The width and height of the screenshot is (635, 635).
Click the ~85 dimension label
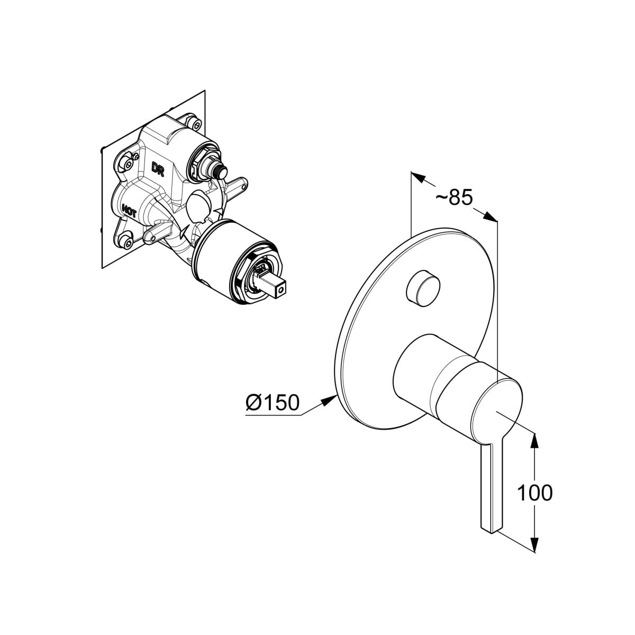pos(455,197)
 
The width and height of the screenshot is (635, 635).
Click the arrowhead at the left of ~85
pos(418,177)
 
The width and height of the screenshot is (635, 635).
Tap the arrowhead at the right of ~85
pos(489,216)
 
